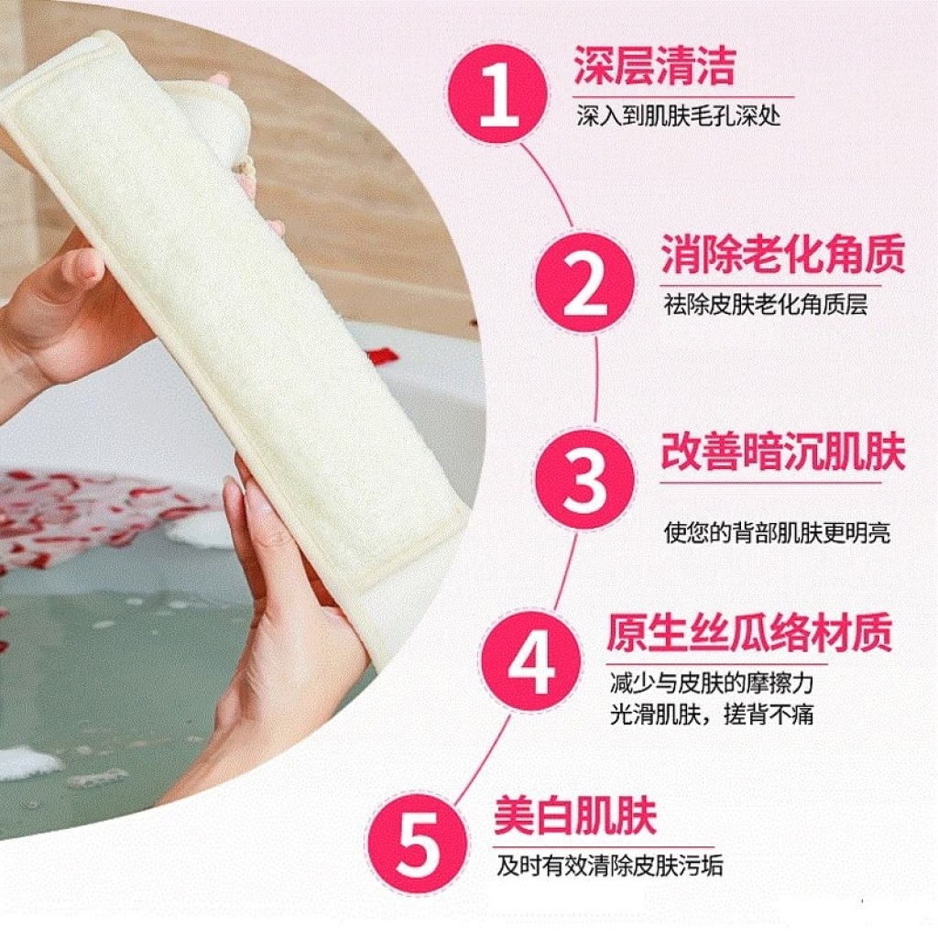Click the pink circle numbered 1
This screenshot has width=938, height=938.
click(x=498, y=93)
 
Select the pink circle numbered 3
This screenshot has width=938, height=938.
click(x=585, y=479)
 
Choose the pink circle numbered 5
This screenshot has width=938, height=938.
click(x=418, y=844)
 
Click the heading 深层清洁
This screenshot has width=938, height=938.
click(x=654, y=66)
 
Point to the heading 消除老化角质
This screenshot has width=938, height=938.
click(x=782, y=255)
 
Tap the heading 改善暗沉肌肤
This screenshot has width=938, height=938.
click(x=782, y=451)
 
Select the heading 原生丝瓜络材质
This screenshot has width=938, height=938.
click(x=749, y=632)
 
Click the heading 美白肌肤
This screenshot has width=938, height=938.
click(x=575, y=815)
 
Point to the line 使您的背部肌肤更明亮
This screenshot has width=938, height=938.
click(x=777, y=533)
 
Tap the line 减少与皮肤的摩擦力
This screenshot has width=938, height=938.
click(x=711, y=683)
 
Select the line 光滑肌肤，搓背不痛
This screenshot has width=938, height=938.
click(x=711, y=714)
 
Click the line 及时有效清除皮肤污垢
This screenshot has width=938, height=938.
click(x=609, y=867)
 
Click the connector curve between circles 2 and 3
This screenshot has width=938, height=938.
click(x=596, y=380)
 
